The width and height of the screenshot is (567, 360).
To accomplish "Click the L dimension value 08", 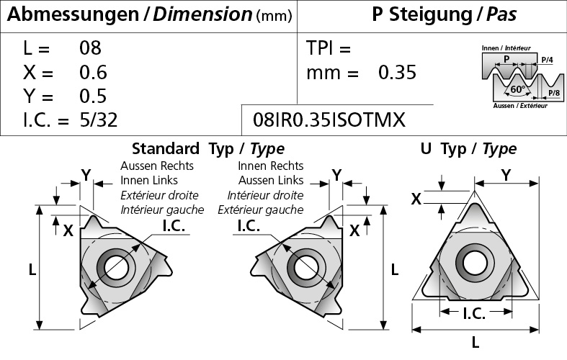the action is click(x=90, y=48).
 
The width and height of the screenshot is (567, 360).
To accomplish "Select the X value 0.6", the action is click(x=93, y=72).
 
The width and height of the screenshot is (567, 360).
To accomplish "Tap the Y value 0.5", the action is click(x=93, y=96).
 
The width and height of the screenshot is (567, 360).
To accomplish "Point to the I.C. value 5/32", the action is click(x=99, y=120).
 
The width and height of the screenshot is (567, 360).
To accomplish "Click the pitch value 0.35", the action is click(x=398, y=72).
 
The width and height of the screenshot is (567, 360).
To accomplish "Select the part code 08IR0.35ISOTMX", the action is click(x=329, y=120).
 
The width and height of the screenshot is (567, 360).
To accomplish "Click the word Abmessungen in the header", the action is click(x=73, y=15).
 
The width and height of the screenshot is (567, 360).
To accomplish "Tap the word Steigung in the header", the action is click(x=430, y=14).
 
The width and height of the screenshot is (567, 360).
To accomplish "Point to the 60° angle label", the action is click(x=517, y=89).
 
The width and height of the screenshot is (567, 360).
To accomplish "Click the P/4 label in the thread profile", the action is click(x=547, y=60).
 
